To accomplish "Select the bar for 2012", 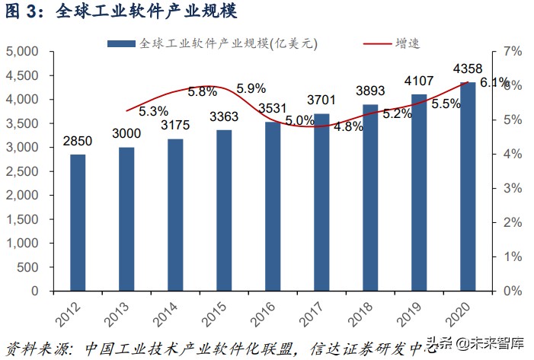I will [x=78, y=222].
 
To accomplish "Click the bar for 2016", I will [x=273, y=206].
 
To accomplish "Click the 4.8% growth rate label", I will [x=349, y=127].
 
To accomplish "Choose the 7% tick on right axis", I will [x=511, y=52].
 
